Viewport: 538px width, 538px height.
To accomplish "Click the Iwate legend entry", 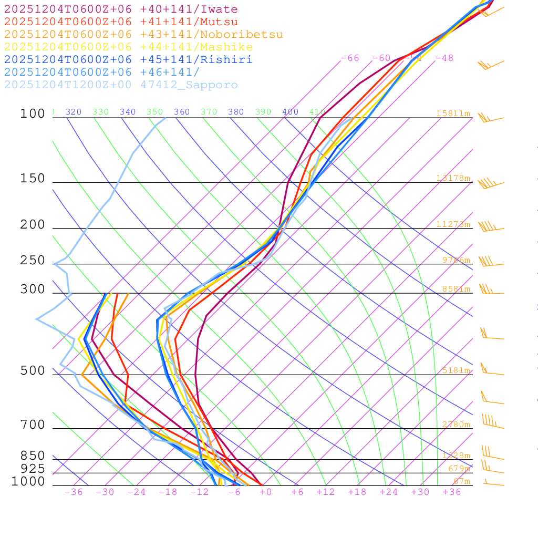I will point(121,9).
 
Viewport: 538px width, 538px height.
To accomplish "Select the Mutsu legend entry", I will point(121,22).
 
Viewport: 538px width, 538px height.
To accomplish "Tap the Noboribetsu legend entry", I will point(143,35).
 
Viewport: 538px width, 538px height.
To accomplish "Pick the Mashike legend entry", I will point(128,47).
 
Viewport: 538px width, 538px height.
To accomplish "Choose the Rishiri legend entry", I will point(128,60).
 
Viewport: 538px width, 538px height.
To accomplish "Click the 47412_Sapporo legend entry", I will point(121,85).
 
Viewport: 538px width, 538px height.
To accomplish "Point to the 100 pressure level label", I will point(33,114).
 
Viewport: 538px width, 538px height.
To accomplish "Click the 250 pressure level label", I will point(33,261).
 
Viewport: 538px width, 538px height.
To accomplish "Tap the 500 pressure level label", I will point(33,371).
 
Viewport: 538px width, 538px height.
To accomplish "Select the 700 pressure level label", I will point(33,425).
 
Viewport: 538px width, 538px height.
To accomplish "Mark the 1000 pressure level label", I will point(28,482).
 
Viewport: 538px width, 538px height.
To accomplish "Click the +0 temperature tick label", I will point(265,492).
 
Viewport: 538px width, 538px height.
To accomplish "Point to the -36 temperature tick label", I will point(74,492).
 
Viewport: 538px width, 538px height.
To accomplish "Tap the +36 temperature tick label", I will point(452,492).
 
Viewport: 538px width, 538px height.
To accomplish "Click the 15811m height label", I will point(453,113).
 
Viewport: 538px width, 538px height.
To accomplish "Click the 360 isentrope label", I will point(182,112).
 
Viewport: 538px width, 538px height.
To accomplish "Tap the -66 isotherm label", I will point(350,58).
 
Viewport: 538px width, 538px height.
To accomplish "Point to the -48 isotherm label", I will point(444,58).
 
